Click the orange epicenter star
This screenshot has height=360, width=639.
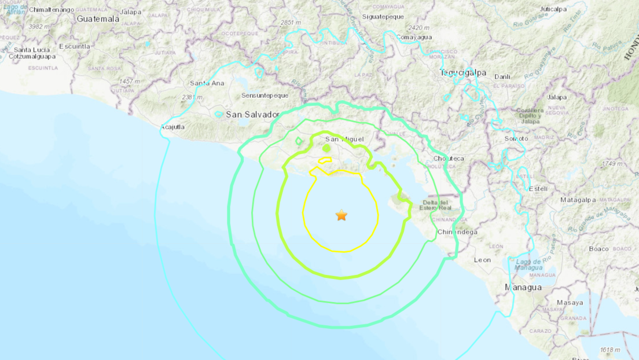click(341, 215)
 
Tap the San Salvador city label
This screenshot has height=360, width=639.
click(252, 115)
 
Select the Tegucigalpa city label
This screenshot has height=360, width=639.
click(463, 74)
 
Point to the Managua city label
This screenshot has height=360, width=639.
click(523, 287)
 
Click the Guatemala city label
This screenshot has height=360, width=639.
click(98, 19)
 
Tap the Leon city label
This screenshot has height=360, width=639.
click(482, 260)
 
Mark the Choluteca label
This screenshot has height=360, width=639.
click(449, 159)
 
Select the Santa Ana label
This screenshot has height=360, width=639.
click(207, 83)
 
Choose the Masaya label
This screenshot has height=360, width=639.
click(570, 303)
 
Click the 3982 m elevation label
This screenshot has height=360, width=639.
click(39, 27)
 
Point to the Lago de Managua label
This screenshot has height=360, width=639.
click(529, 265)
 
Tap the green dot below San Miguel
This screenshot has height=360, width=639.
click(326, 149)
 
